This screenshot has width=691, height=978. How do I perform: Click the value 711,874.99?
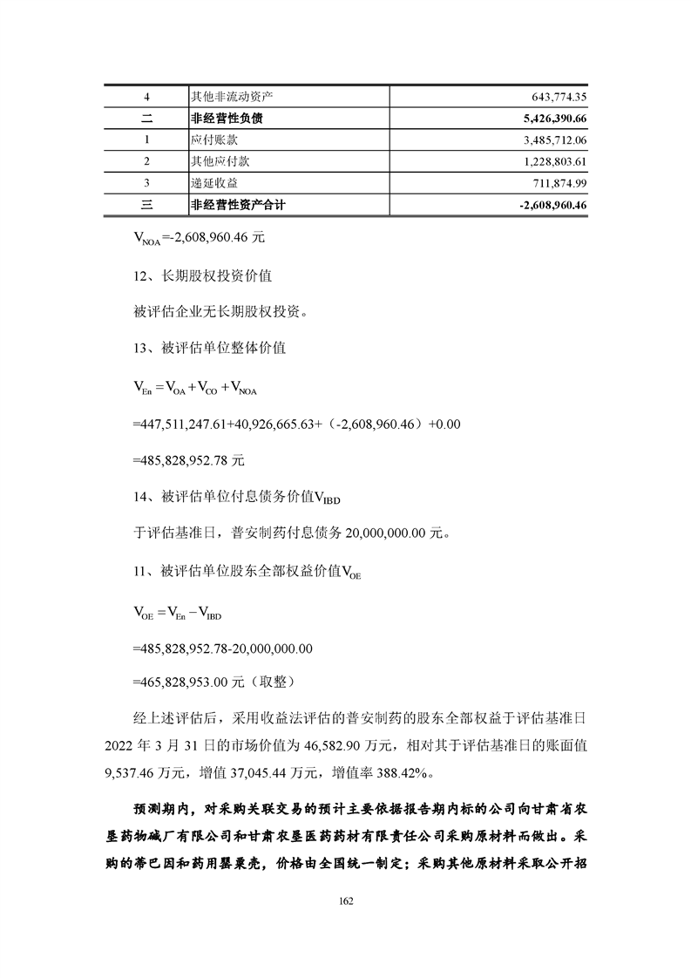click(552, 183)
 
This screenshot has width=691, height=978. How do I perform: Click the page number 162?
click(346, 901)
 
